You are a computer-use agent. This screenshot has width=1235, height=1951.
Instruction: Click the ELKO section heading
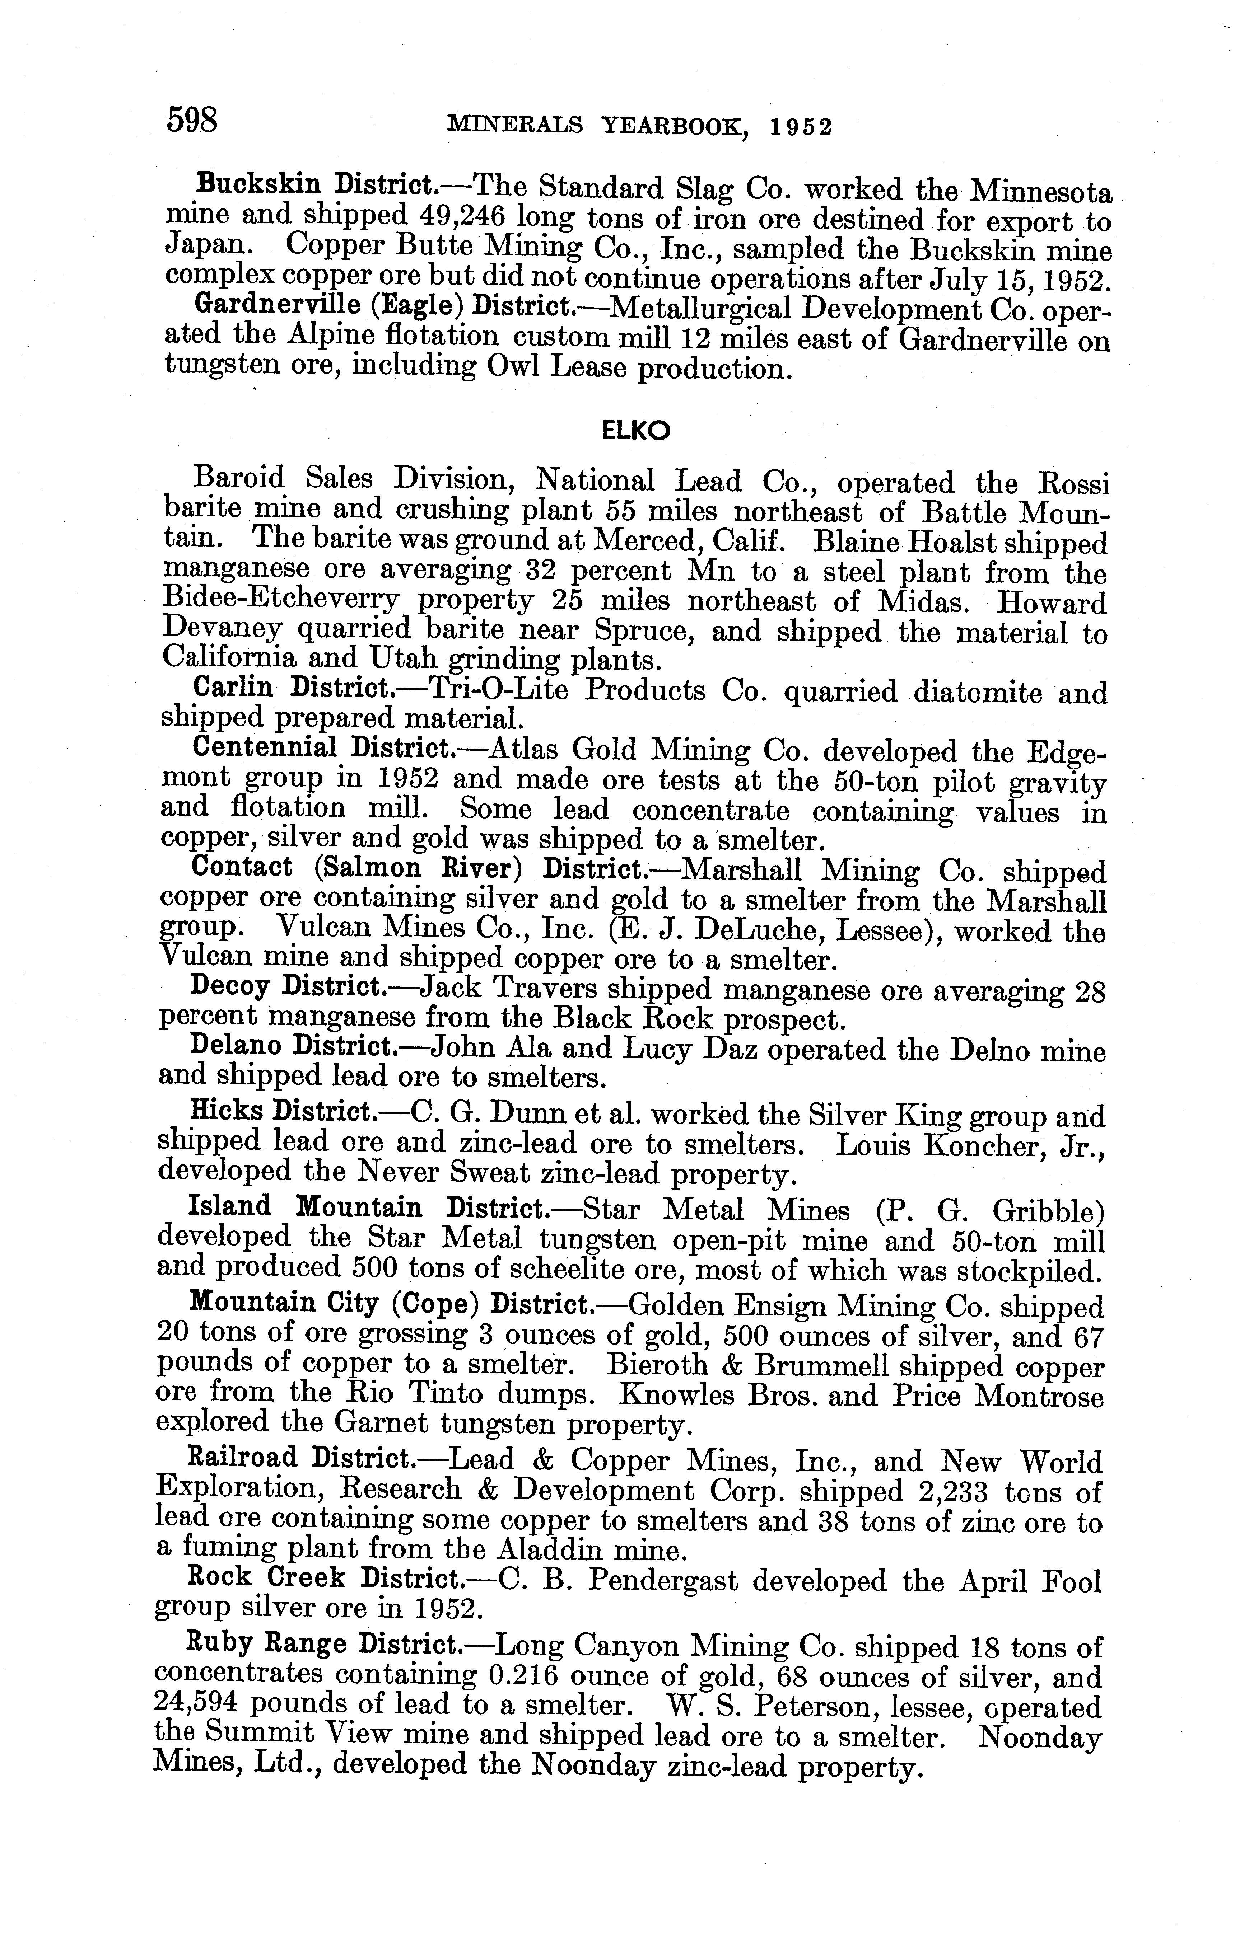(636, 432)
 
